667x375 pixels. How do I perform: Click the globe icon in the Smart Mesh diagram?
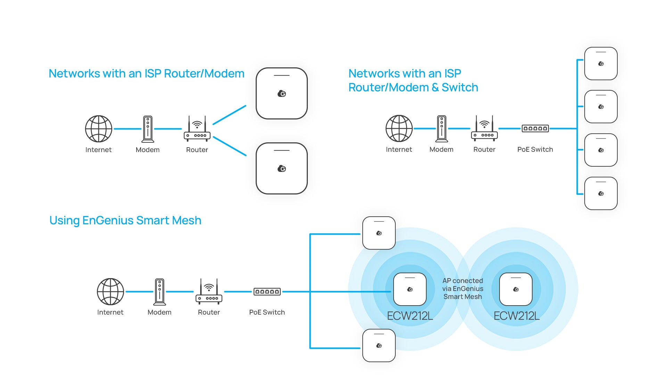(x=110, y=292)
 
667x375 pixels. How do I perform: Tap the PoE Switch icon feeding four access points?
(x=535, y=128)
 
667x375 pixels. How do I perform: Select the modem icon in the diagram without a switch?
(x=148, y=129)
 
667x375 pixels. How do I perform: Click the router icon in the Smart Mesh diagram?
(x=209, y=292)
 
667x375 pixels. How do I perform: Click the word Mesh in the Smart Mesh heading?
(x=187, y=220)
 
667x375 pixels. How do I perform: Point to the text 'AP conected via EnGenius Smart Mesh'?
(x=463, y=289)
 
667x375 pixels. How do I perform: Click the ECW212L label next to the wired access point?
(x=410, y=316)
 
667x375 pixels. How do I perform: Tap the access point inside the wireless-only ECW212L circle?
(x=516, y=289)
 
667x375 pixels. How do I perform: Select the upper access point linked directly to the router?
(x=282, y=93)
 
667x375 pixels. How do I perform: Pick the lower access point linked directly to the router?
(x=282, y=168)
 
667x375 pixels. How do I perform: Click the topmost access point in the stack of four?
(x=601, y=64)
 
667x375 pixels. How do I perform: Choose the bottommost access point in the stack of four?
(x=601, y=193)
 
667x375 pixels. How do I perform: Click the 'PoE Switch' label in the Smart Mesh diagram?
(x=267, y=312)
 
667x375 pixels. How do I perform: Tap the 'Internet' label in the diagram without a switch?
(x=98, y=150)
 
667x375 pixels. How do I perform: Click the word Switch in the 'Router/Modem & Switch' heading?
(x=460, y=87)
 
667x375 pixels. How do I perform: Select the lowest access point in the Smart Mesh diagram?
(x=379, y=345)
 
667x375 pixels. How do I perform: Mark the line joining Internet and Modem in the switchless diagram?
(x=127, y=129)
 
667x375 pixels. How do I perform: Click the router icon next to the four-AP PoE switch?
(x=484, y=128)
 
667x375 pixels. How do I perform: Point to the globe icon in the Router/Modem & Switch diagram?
(x=399, y=128)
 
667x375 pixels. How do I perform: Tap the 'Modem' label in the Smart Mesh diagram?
(x=159, y=312)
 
